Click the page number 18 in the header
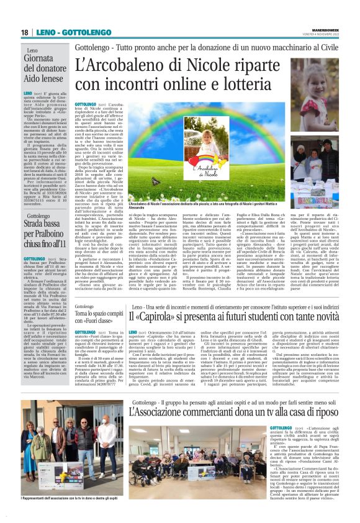click(x=24, y=32)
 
